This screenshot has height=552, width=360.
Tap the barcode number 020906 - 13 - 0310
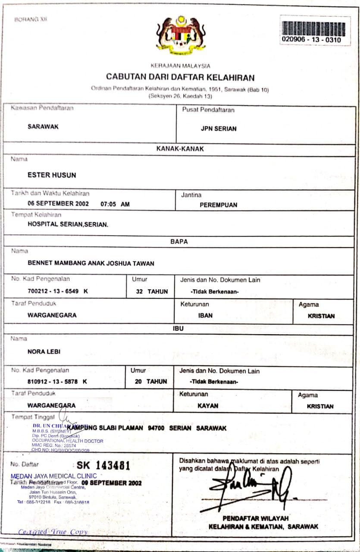311,40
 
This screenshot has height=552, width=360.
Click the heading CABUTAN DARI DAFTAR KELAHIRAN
180,78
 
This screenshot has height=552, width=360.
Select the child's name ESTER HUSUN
52,175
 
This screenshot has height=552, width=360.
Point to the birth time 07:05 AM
115,204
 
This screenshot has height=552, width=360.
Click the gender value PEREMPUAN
218,205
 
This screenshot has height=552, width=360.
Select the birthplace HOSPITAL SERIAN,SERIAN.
68,224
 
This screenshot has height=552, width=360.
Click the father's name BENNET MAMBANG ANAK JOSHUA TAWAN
91,263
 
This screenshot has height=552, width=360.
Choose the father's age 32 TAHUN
152,292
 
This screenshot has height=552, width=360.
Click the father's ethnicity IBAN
205,315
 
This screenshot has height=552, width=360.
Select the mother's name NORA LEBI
44,351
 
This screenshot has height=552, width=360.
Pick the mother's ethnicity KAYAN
208,406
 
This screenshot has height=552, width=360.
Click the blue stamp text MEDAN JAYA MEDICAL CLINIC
54,476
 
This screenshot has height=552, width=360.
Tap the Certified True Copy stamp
53,532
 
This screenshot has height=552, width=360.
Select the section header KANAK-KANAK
180,149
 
